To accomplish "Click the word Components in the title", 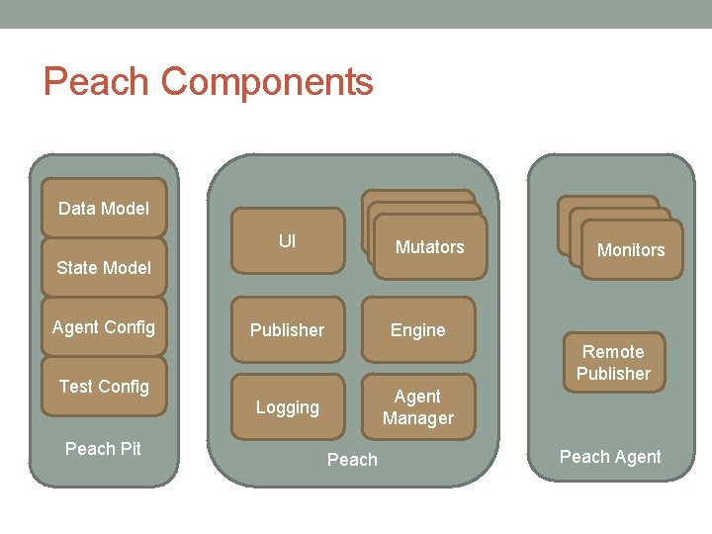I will [267, 82].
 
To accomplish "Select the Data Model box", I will [103, 208].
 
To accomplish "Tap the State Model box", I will [103, 267].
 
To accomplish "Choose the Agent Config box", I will [103, 326].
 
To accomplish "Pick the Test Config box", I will [103, 386].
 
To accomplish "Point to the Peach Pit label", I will [103, 449].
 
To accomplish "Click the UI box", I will [287, 240].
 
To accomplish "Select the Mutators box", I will [429, 247].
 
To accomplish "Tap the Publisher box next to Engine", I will [287, 330].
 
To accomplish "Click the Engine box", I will [417, 330].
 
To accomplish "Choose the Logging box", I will [287, 406].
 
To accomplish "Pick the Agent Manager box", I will [417, 406].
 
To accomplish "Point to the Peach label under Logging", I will [352, 460].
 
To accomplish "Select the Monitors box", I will [631, 250].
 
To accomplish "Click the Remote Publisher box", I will [613, 362].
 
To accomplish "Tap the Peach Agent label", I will [610, 457].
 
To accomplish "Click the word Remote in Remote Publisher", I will [613, 352].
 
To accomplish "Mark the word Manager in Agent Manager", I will [417, 418].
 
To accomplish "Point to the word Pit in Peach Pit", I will [130, 449].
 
